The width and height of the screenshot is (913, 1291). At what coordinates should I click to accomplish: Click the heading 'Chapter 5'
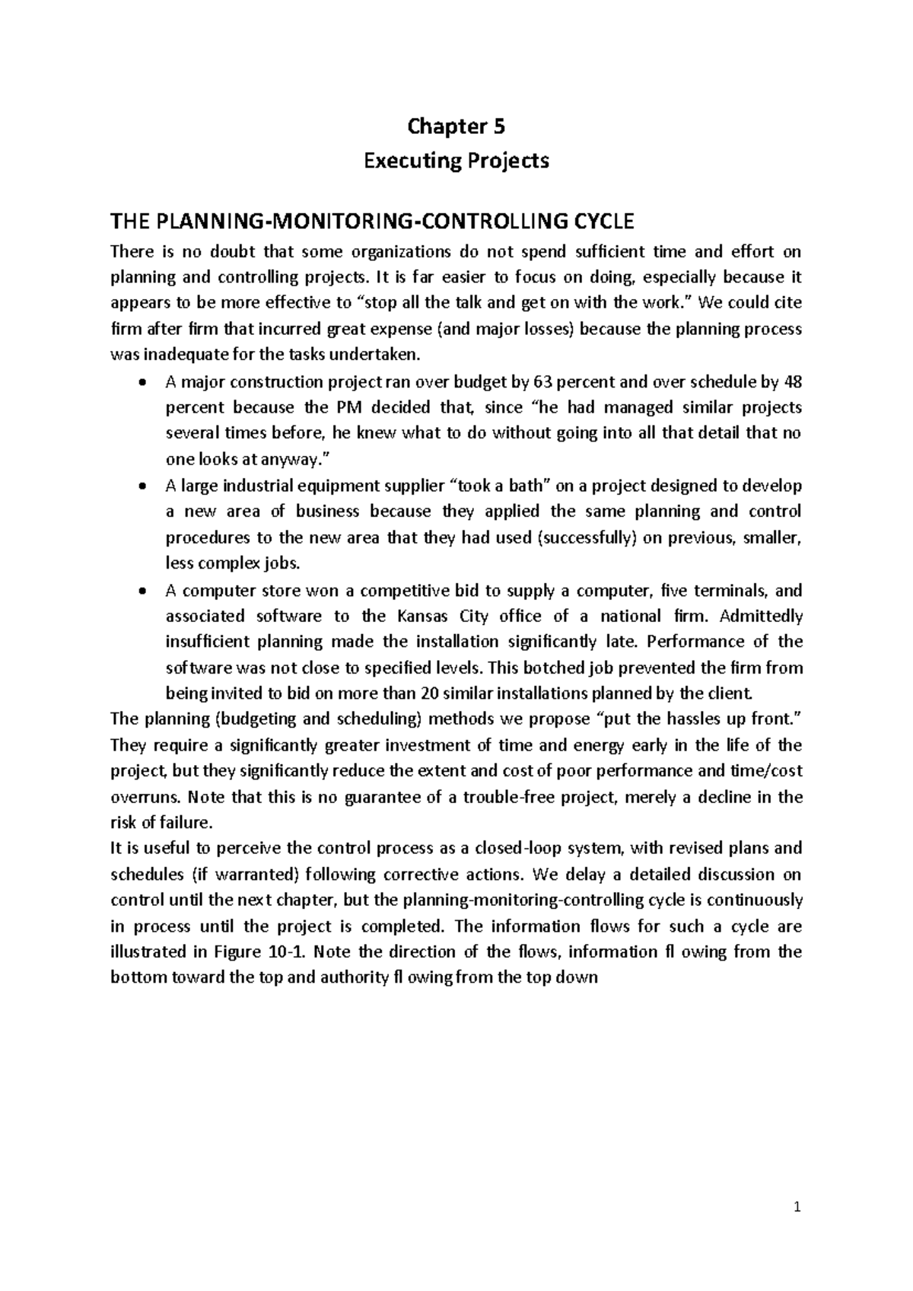click(x=456, y=126)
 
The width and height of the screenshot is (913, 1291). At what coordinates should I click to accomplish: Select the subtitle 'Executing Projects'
click(x=456, y=161)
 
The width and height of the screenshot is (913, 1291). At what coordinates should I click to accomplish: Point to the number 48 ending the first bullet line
click(x=793, y=382)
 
